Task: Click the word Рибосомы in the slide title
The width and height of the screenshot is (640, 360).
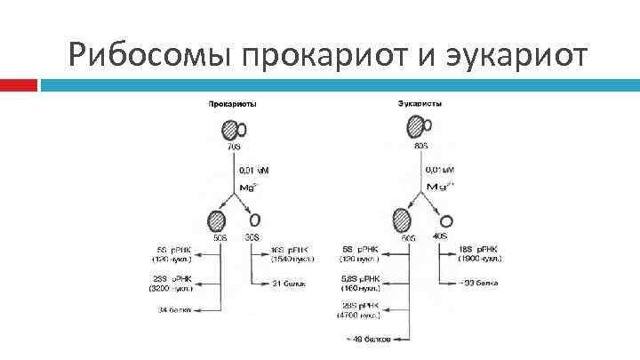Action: coord(143,56)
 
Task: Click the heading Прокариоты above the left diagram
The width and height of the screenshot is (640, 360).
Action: coord(233,103)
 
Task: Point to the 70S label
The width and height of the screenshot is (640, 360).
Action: coord(234,145)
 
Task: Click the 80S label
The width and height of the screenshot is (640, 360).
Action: coord(421,145)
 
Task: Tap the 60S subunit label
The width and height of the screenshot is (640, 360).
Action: coord(408,237)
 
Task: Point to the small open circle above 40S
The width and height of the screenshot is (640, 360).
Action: coord(446,220)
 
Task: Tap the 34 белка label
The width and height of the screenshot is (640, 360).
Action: coord(173,309)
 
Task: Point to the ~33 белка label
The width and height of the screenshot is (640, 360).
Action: coord(478,283)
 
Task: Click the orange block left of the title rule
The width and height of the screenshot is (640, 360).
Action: coord(19,85)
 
